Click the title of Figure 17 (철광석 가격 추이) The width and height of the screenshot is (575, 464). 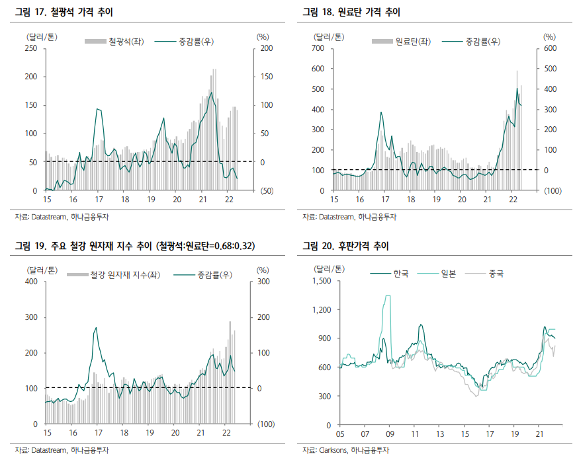tap(60, 12)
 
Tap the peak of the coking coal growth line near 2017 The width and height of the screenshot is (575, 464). tap(381, 112)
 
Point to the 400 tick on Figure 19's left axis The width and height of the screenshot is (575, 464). tap(31, 282)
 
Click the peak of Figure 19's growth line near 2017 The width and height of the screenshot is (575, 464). tap(96, 328)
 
